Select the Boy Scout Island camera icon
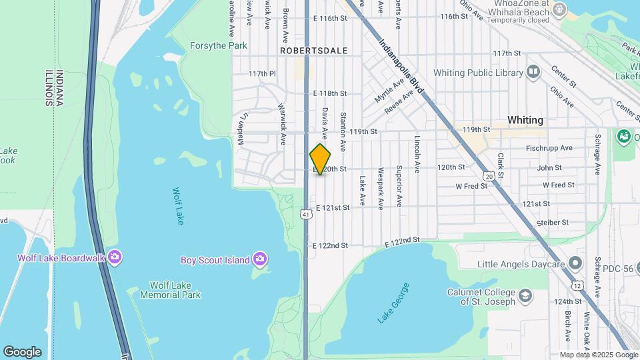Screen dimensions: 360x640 point(260,259)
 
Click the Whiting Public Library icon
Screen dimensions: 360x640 point(533,72)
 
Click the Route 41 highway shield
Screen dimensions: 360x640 point(305,213)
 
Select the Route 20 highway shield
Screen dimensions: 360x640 point(489,177)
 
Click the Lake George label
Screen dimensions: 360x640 point(393,303)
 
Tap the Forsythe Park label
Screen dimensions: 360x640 point(218,46)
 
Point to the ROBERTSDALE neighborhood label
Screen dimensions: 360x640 point(305,50)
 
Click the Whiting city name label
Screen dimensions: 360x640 point(525,121)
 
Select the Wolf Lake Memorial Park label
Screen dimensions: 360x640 point(171,290)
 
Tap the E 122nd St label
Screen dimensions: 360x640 point(331,245)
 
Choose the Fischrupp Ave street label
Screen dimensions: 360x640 point(549,148)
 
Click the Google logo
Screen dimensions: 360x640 point(22,351)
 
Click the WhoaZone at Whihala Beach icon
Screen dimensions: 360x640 point(559,9)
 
